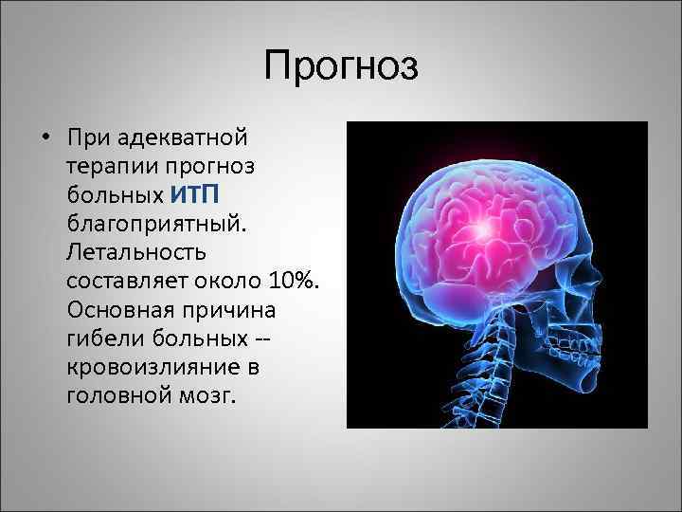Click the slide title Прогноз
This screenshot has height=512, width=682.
pos(341,67)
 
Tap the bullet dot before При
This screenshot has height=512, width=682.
pos(45,137)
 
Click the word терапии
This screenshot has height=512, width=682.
pos(108,166)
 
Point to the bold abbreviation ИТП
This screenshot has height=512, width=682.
pos(196,194)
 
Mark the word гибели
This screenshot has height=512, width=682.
pos(99,338)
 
